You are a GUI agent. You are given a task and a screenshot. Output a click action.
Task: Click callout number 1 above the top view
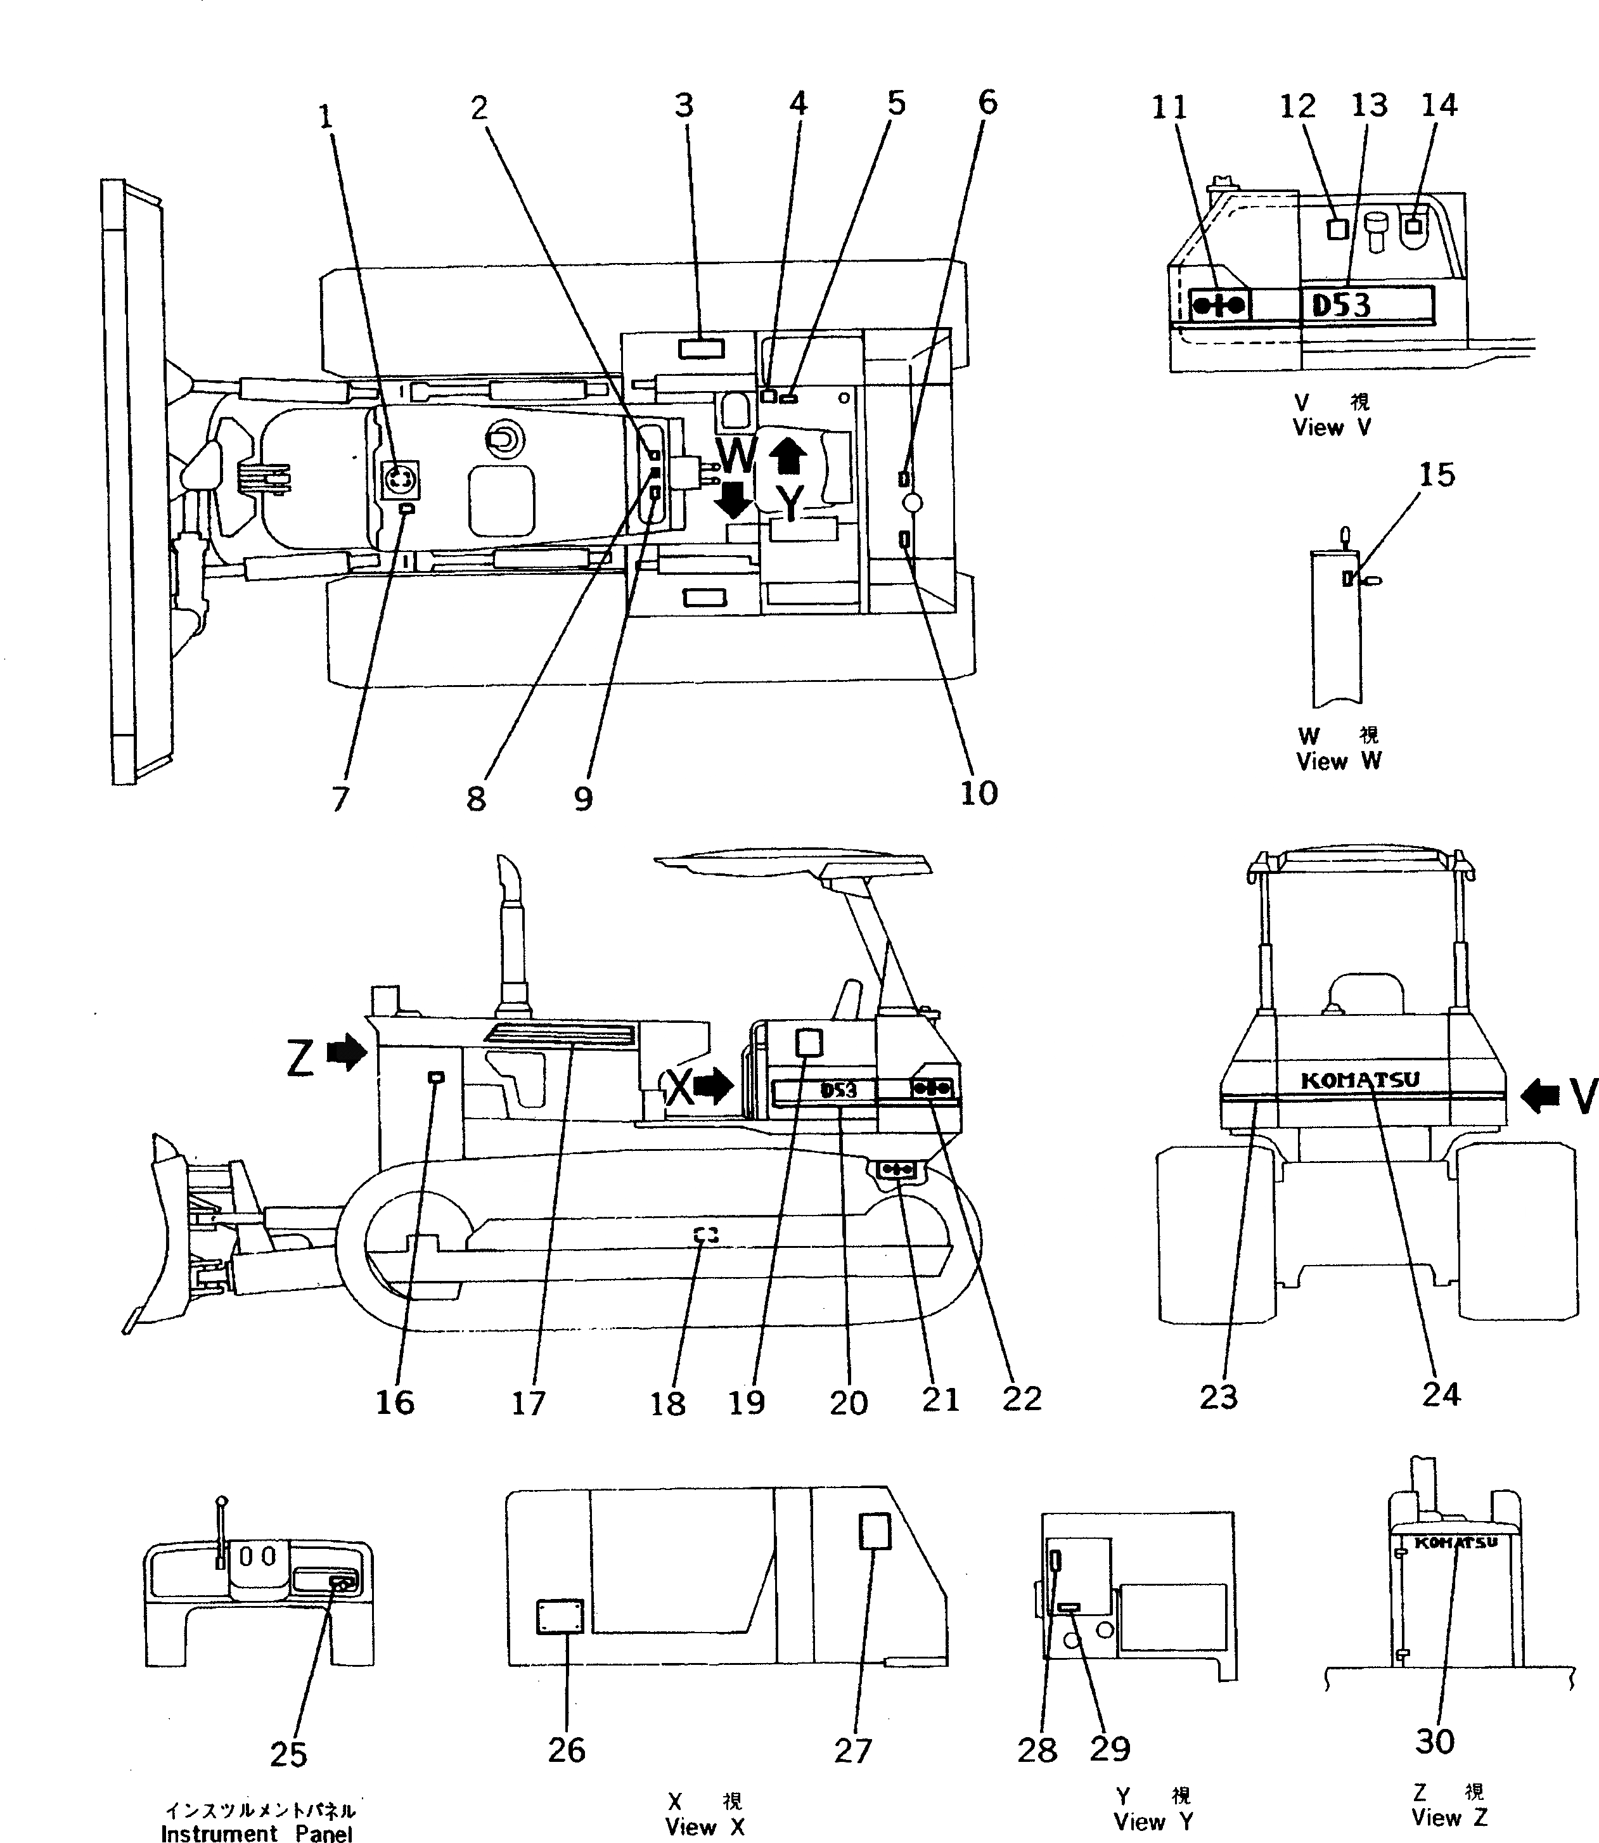point(326,117)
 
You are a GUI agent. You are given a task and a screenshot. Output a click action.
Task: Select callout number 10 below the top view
point(978,792)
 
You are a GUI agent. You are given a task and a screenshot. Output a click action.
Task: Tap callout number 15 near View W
point(1435,475)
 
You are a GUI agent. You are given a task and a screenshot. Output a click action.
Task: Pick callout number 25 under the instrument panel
point(288,1754)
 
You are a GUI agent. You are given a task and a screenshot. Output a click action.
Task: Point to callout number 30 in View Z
point(1434,1740)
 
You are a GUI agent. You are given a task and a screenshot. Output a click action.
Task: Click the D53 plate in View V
point(1365,305)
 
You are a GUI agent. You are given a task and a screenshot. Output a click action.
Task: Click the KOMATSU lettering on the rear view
point(1359,1081)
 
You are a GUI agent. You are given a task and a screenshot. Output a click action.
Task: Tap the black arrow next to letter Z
point(347,1053)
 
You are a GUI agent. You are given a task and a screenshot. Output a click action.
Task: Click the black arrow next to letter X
point(713,1086)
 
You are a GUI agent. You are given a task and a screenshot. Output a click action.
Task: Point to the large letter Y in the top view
point(790,502)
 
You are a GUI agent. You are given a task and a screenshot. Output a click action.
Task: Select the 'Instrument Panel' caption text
point(256,1832)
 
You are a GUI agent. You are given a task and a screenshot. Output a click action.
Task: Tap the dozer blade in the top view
point(134,482)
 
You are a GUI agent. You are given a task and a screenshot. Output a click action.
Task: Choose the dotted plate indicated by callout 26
point(560,1616)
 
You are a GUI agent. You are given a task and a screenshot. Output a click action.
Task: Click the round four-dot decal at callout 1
point(400,481)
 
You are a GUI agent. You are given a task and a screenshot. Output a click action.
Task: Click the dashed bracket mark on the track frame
point(706,1235)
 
